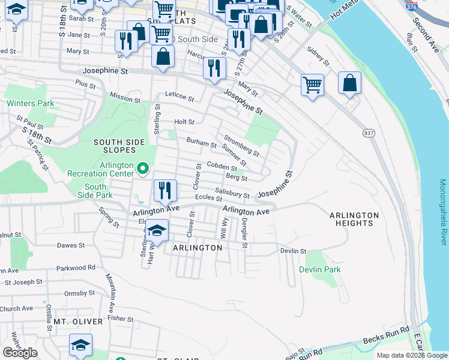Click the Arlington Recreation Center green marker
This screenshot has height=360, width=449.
143,169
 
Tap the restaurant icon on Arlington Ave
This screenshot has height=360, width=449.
165,191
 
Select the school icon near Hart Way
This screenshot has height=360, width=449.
157,230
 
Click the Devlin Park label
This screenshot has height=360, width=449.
320,269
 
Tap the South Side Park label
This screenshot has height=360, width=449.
95,191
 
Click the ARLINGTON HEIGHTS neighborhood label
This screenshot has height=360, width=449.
354,219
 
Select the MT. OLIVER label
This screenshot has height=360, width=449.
78,322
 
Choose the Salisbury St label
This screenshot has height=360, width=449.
232,193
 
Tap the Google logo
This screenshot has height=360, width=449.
20,353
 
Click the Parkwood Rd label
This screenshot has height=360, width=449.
76,268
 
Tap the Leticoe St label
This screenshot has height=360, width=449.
180,97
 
